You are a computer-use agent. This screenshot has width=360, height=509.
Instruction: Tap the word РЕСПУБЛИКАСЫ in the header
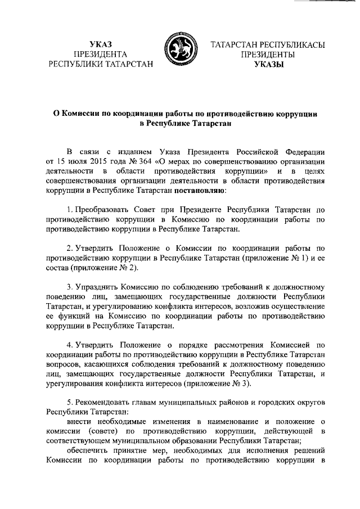coord(282,44)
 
